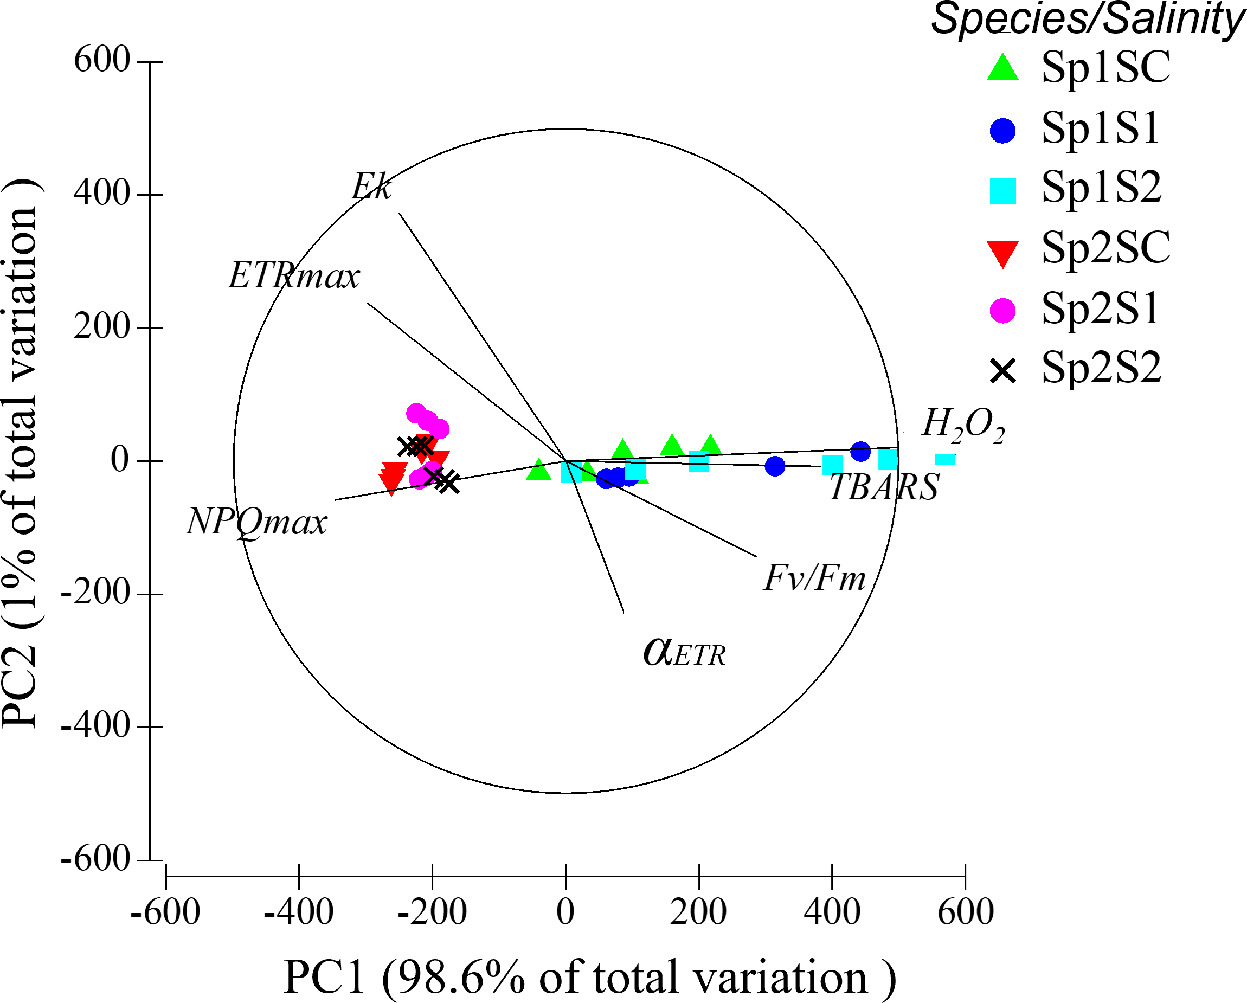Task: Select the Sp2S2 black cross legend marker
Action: coord(1002,371)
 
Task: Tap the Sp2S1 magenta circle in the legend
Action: coord(1002,311)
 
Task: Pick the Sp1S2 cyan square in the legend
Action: coord(1002,191)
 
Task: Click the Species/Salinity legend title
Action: coord(1088,20)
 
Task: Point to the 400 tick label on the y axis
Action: coord(102,193)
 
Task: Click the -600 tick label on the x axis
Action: coord(165,912)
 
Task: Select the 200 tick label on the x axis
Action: coord(698,912)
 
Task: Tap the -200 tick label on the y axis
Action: coord(96,593)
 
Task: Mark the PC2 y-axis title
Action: coord(21,454)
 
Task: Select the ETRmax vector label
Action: coord(294,276)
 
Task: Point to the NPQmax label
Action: coord(257,522)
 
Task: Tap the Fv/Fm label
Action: coord(814,578)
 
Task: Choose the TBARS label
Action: coord(884,487)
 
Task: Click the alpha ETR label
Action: coord(684,652)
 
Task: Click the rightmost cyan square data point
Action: coord(944,459)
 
